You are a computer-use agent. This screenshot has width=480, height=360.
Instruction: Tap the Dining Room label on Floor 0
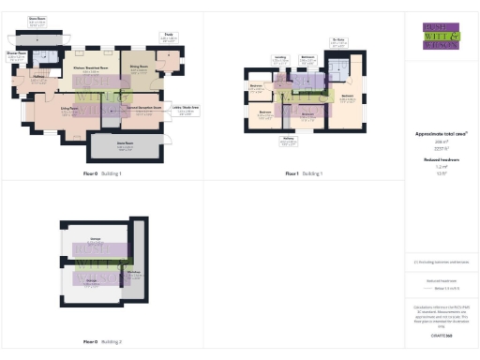(x=139, y=68)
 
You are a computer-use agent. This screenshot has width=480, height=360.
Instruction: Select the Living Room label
(x=68, y=110)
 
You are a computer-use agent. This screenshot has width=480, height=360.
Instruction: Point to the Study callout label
(x=169, y=36)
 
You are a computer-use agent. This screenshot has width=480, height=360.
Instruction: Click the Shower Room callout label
(x=16, y=54)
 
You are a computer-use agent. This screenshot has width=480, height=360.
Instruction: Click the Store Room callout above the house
(x=37, y=20)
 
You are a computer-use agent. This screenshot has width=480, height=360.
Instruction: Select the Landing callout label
(x=279, y=58)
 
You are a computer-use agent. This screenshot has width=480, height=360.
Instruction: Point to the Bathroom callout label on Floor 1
(x=307, y=58)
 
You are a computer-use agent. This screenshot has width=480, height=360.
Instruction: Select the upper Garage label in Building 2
(x=95, y=240)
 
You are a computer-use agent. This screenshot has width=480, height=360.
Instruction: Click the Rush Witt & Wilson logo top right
(x=441, y=35)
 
